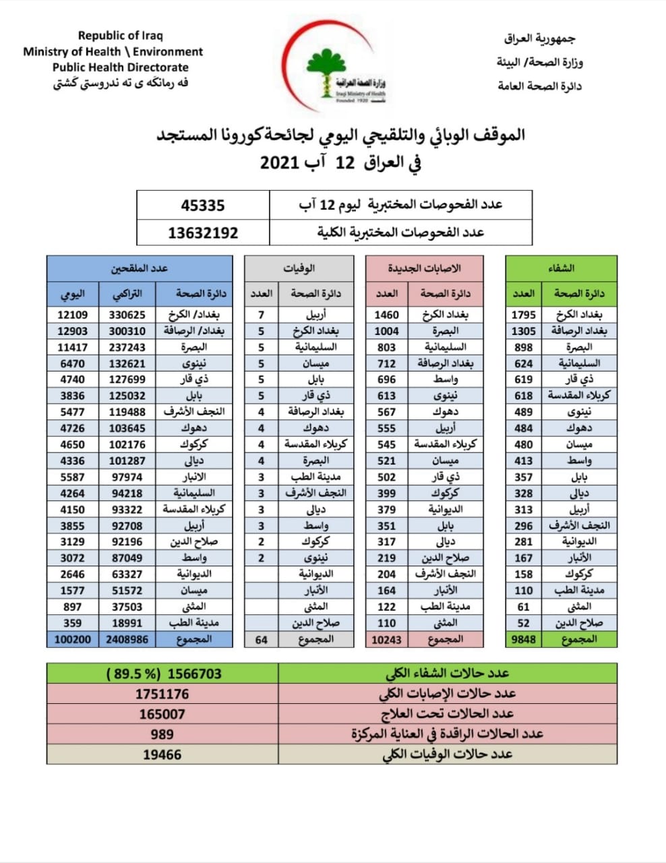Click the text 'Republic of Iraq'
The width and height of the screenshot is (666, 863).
point(120,36)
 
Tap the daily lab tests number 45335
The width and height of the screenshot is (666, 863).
point(203,205)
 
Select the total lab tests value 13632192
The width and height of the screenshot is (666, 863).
point(203,233)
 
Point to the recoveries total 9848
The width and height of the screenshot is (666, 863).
point(523,639)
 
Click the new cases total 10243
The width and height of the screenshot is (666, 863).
point(386,639)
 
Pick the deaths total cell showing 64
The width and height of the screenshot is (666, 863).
point(262,639)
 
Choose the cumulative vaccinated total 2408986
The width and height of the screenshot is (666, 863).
point(127,639)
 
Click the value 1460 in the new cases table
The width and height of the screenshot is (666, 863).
point(386,315)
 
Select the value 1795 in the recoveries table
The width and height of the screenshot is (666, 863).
point(523,315)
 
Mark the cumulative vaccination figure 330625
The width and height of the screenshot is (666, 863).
point(127,315)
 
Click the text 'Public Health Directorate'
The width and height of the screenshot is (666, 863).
point(120,67)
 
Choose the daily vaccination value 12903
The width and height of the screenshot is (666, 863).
point(72,331)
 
